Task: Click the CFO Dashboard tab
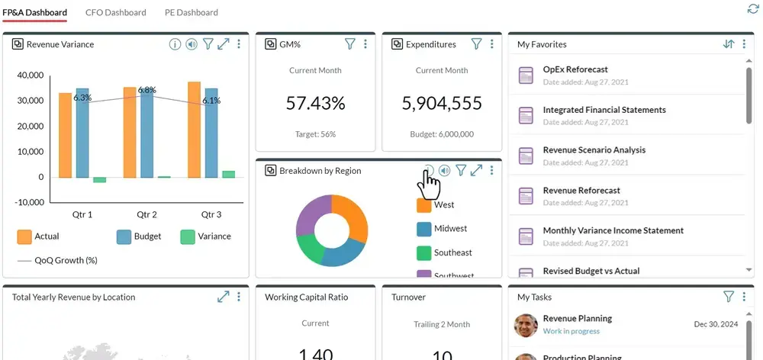115,12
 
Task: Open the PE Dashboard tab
191,12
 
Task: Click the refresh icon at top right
752,9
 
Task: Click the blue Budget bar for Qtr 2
146,132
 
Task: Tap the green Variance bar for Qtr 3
229,174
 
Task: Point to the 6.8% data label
147,90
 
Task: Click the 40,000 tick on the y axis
31,76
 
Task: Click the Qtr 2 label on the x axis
146,214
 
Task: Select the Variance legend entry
206,236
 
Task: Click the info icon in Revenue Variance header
175,44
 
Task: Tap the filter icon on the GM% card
350,44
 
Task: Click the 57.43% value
315,103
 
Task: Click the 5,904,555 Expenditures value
441,103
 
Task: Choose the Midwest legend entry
450,228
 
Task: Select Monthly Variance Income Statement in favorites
613,230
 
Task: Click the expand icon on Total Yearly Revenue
223,297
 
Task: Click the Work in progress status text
571,331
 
